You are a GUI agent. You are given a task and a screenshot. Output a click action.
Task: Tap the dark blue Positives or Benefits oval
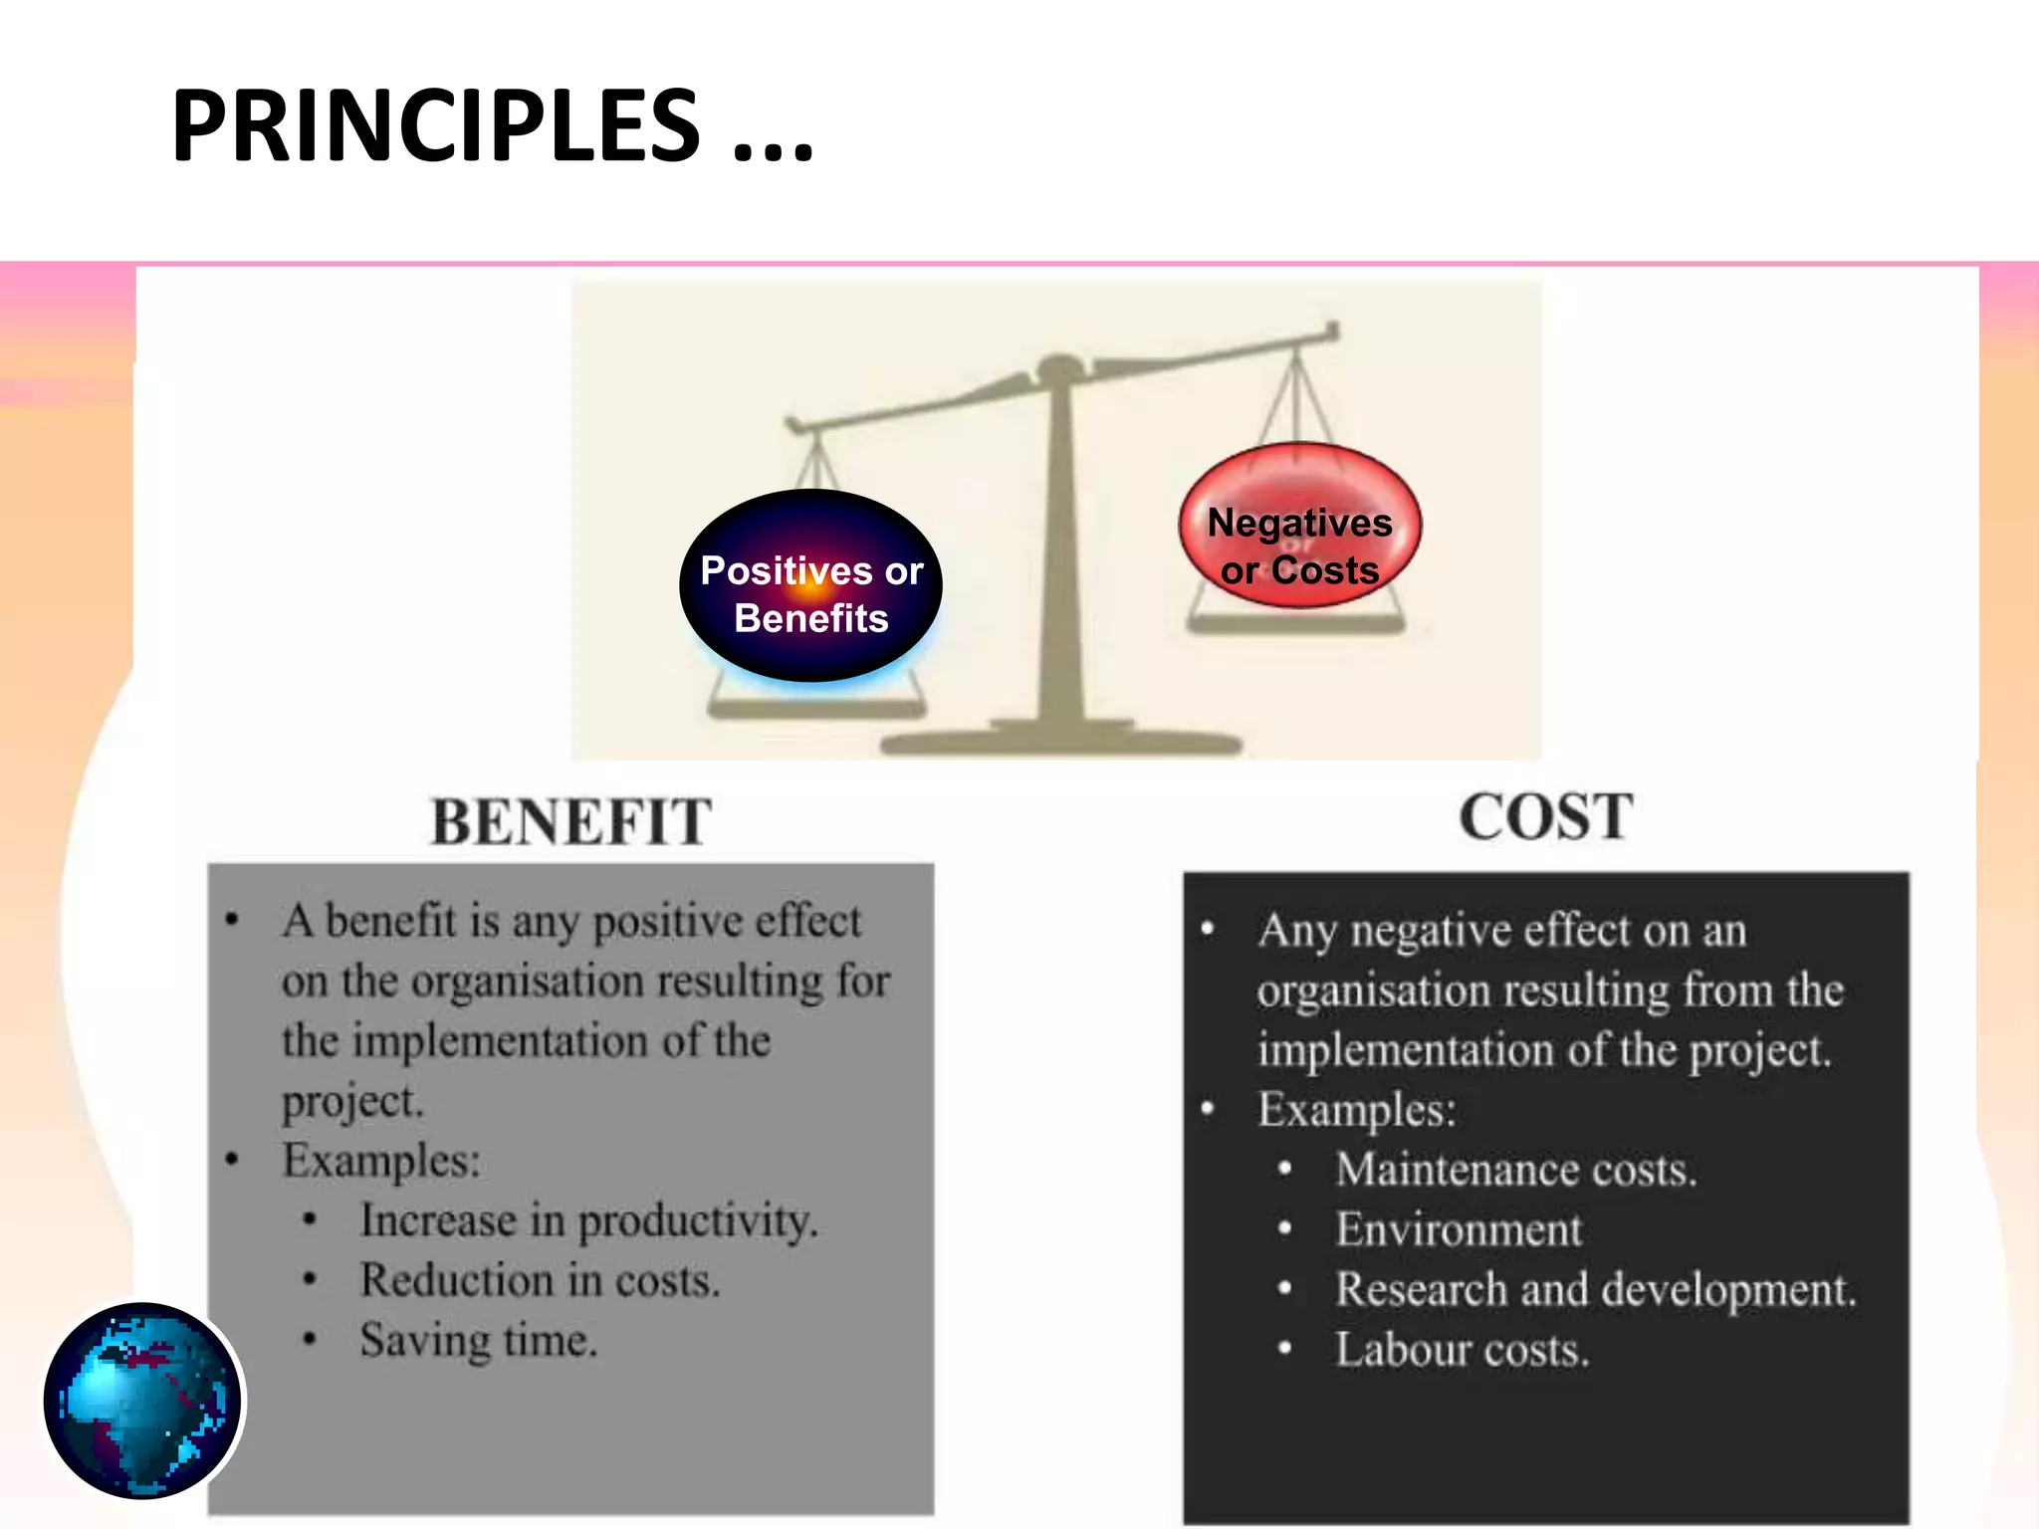(x=810, y=586)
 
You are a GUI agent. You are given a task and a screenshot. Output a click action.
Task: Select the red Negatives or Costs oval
(x=1299, y=526)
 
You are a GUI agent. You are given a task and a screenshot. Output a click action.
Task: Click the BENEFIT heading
(x=570, y=822)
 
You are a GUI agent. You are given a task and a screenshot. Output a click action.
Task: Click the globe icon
(x=142, y=1400)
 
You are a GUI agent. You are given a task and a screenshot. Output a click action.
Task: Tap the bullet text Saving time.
(x=478, y=1340)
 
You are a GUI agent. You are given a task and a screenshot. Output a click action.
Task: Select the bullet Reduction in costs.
(x=540, y=1280)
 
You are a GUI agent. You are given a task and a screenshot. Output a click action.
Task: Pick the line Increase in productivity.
(x=588, y=1220)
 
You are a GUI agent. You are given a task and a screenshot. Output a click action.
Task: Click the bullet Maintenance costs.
(x=1515, y=1170)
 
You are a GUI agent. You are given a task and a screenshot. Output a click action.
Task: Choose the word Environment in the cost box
(x=1459, y=1229)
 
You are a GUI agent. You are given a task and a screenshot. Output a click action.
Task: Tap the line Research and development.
(x=1596, y=1289)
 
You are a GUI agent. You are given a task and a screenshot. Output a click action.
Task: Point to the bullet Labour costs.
(x=1462, y=1350)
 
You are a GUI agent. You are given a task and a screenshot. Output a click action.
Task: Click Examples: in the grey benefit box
(x=381, y=1161)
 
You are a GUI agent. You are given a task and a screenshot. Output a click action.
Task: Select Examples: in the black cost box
(x=1356, y=1110)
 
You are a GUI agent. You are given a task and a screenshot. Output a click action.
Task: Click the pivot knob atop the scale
(x=1058, y=368)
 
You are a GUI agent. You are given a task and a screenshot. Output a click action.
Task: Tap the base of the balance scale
(x=1061, y=742)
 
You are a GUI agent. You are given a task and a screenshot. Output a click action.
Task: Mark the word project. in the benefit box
(x=352, y=1101)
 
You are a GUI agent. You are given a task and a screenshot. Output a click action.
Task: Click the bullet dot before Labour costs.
(x=1285, y=1349)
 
